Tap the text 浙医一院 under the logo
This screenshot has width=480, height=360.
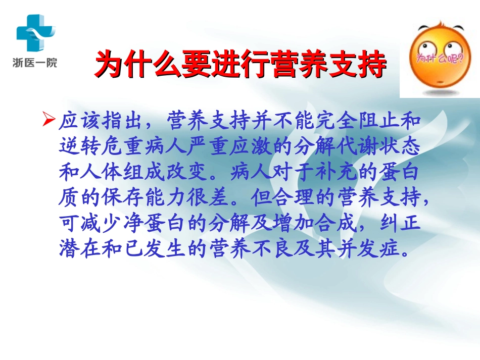[35, 63]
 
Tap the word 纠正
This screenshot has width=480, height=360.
[403, 224]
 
